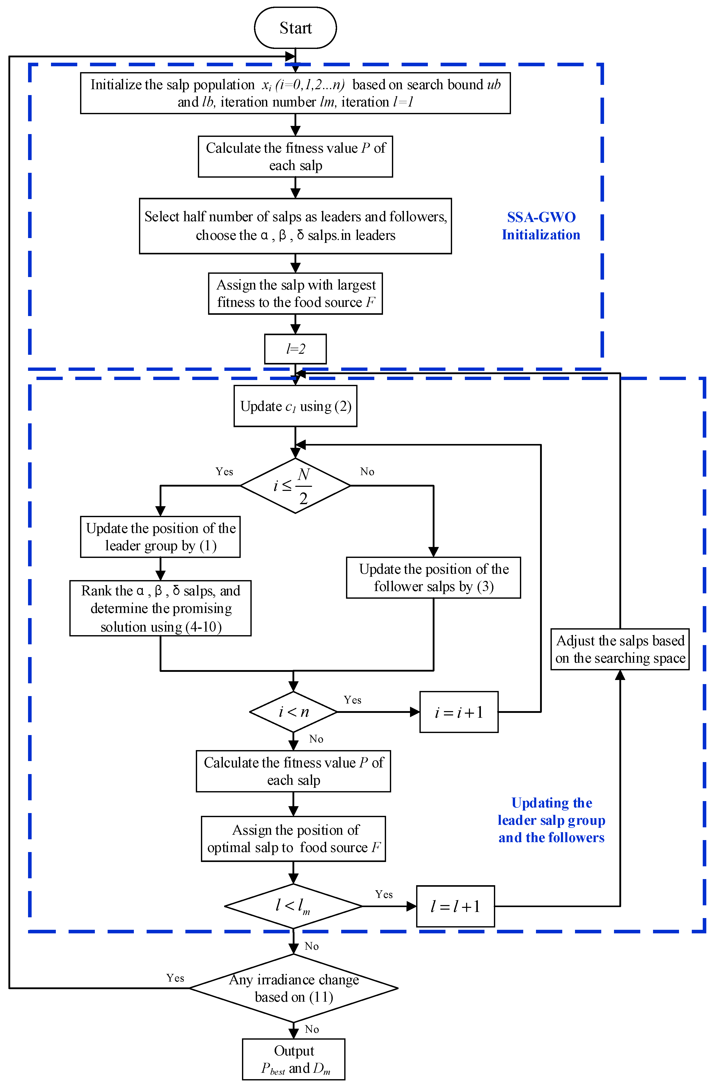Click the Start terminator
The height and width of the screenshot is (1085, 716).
pos(296,28)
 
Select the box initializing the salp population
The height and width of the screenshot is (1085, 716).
pos(296,93)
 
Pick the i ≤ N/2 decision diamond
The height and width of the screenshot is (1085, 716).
pos(296,486)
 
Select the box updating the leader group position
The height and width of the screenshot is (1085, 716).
pos(160,537)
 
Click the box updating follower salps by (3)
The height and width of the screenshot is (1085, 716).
pos(433,578)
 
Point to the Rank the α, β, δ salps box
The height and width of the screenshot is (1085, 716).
pos(160,608)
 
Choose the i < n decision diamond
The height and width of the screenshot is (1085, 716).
pos(293,712)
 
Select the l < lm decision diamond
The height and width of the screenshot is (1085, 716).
pos(293,906)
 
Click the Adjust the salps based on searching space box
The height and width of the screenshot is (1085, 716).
pos(620,649)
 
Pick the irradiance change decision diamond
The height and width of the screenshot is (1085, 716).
pos(293,988)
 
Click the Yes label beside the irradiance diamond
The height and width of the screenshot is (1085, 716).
pos(175,978)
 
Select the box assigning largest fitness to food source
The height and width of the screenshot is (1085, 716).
pos(296,294)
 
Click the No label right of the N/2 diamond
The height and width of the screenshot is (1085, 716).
pos(367,472)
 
